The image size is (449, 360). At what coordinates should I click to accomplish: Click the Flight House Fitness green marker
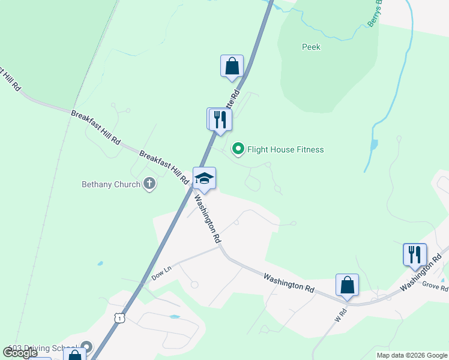pos(238,149)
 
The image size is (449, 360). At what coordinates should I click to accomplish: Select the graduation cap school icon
pos(204,178)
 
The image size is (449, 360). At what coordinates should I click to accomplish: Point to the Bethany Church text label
pos(111,185)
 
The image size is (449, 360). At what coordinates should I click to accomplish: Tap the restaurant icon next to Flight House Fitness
pos(220,119)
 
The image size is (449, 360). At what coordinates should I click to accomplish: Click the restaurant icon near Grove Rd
pos(415,254)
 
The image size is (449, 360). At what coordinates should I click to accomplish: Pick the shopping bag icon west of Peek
pos(232,66)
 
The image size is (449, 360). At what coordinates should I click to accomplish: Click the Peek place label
pos(311,47)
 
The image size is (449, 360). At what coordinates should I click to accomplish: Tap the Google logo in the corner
pos(20,353)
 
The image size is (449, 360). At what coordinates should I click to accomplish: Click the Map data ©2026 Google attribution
pos(412,355)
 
